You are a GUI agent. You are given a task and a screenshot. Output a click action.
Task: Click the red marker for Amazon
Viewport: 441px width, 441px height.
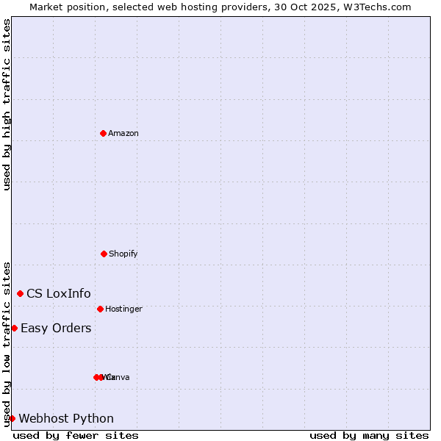pyautogui.click(x=103, y=133)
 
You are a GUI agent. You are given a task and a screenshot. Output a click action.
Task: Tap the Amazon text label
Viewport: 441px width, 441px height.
pyautogui.click(x=123, y=133)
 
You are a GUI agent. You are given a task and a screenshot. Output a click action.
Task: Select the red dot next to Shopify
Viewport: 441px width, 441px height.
pyautogui.click(x=104, y=254)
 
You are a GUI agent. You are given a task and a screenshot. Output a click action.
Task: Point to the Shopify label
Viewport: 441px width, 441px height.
pyautogui.click(x=123, y=254)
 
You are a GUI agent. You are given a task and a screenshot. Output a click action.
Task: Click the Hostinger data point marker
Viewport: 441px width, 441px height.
pyautogui.click(x=100, y=309)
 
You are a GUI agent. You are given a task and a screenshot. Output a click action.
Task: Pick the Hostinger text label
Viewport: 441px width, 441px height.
pyautogui.click(x=123, y=309)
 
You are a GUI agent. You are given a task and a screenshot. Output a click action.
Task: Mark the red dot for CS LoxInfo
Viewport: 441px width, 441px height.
pyautogui.click(x=20, y=293)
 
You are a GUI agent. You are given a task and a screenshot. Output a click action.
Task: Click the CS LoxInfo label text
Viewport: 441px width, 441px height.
pyautogui.click(x=59, y=293)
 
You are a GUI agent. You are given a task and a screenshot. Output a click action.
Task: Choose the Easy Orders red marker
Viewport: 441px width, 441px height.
pyautogui.click(x=14, y=328)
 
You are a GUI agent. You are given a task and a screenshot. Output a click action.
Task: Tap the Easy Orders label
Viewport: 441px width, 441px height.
pyautogui.click(x=56, y=328)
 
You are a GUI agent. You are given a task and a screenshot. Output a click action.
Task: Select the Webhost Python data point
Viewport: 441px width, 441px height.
pyautogui.click(x=12, y=418)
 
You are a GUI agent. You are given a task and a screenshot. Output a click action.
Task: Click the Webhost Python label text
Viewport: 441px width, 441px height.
pyautogui.click(x=66, y=418)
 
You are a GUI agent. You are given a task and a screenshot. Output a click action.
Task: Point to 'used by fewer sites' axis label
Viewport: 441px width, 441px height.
pyautogui.click(x=76, y=435)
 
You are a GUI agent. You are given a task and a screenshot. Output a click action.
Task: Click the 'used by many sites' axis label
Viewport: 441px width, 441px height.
pyautogui.click(x=369, y=435)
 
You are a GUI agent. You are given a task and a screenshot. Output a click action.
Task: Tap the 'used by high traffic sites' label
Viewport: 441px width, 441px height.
pyautogui.click(x=7, y=104)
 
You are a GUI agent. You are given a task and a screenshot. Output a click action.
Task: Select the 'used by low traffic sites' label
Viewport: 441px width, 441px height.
pyautogui.click(x=7, y=343)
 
